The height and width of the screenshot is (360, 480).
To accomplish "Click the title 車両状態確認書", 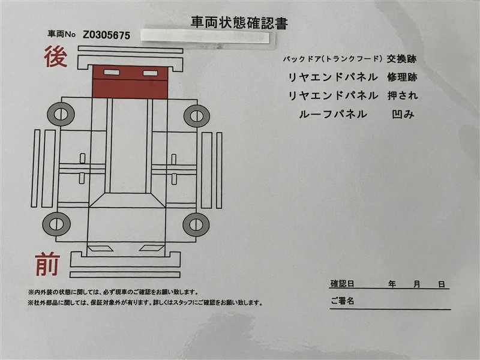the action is pyautogui.click(x=239, y=23).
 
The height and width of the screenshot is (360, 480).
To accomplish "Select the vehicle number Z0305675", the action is pyautogui.click(x=107, y=35).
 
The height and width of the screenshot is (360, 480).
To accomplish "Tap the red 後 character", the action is pyautogui.click(x=56, y=56).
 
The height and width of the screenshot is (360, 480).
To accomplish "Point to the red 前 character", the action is pyautogui.click(x=47, y=264).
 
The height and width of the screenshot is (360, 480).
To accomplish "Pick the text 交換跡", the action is pyautogui.click(x=401, y=59).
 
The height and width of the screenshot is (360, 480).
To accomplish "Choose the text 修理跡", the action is pyautogui.click(x=402, y=77).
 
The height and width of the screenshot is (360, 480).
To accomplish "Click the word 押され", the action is pyautogui.click(x=402, y=96).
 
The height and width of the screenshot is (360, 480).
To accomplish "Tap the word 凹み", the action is pyautogui.click(x=403, y=115).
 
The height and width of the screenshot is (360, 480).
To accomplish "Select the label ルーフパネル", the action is pyautogui.click(x=333, y=115).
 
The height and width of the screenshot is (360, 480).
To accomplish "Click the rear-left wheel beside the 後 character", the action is pyautogui.click(x=61, y=114).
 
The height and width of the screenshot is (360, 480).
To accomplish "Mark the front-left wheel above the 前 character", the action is pyautogui.click(x=56, y=224).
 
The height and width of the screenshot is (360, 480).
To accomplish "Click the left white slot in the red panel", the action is pyautogui.click(x=112, y=73).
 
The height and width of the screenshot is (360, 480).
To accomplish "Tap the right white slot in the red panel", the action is pyautogui.click(x=151, y=73).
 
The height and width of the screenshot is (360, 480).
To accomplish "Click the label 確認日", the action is pyautogui.click(x=342, y=284).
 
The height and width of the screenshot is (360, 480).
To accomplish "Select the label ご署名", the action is pyautogui.click(x=342, y=301).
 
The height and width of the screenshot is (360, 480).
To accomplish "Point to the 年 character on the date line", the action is pyautogui.click(x=392, y=284).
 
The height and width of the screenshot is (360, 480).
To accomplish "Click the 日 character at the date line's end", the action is pyautogui.click(x=442, y=284).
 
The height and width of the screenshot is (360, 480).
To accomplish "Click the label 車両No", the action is pyautogui.click(x=62, y=34).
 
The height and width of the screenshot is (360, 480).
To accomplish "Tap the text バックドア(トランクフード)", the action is pyautogui.click(x=332, y=59).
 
